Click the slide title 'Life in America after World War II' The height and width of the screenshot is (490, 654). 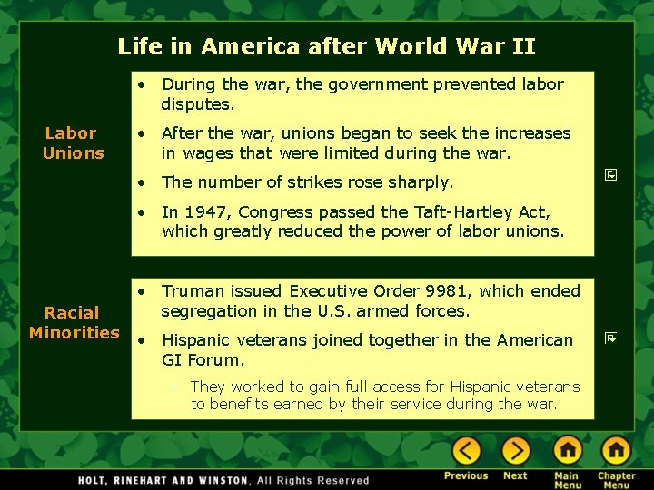[326, 46]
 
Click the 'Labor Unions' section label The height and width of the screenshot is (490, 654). [72, 143]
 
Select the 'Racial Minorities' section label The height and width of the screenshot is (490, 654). [73, 322]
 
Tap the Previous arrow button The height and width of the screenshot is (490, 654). [467, 450]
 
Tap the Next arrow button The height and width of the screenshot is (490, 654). [515, 450]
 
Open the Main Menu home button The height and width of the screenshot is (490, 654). [567, 450]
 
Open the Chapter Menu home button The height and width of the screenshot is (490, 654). [616, 450]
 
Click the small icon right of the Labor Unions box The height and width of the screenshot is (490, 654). [611, 172]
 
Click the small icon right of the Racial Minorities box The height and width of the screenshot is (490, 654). [611, 338]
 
